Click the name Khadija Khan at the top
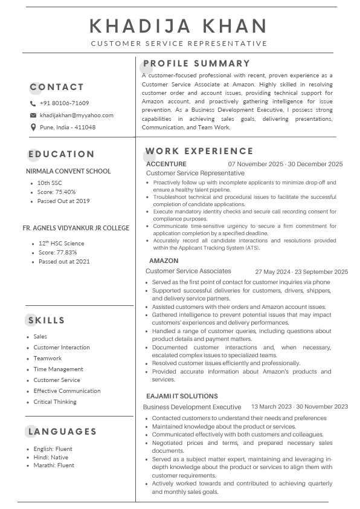click(179, 26)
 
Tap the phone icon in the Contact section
click(33, 103)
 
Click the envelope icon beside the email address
click(33, 115)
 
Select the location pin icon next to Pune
click(33, 127)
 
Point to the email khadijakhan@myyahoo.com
click(76, 115)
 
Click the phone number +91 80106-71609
click(64, 103)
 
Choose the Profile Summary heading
click(196, 63)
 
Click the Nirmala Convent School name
click(68, 171)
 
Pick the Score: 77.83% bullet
click(57, 252)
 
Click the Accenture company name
click(166, 164)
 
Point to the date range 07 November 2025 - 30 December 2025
click(285, 164)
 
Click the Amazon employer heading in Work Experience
click(164, 261)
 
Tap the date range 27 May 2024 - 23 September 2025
click(301, 272)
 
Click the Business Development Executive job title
click(192, 407)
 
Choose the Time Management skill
click(58, 369)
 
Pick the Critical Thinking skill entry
click(55, 401)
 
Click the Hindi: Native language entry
click(51, 457)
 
